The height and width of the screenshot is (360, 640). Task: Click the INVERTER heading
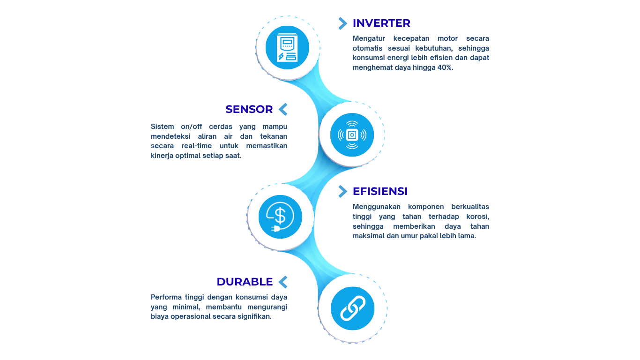[381, 23]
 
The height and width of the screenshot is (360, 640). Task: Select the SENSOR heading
[249, 109]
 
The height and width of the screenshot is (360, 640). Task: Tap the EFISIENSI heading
[380, 191]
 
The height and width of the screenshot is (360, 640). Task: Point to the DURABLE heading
[245, 282]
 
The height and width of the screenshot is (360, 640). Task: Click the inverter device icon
[287, 47]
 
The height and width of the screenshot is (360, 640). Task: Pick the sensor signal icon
[352, 135]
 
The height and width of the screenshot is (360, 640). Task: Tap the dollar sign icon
[280, 217]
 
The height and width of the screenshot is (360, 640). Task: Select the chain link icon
[352, 308]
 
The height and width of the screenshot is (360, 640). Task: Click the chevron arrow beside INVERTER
[342, 23]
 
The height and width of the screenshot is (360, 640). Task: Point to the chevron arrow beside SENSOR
[283, 109]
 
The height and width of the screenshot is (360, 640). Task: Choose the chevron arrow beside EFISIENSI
[342, 191]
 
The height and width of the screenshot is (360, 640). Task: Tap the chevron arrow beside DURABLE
[283, 282]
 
